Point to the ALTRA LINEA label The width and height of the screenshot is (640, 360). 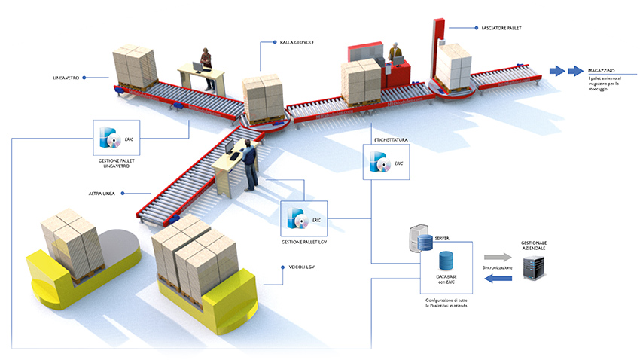[x=101, y=194]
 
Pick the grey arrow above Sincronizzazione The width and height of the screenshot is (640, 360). [x=497, y=257]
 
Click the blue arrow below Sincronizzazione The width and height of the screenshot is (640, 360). [x=498, y=279]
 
